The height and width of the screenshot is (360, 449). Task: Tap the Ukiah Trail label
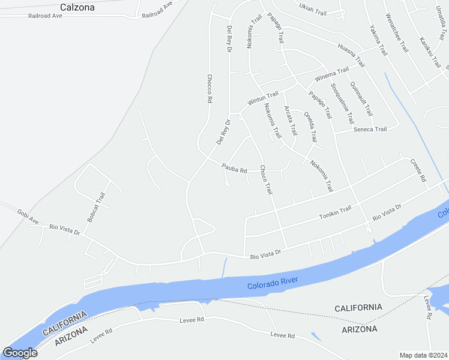click(312, 11)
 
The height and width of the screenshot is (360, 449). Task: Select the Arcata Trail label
click(290, 120)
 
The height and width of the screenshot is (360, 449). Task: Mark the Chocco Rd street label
click(209, 89)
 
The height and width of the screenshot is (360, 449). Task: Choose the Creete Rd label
click(418, 170)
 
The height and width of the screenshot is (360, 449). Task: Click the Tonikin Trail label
click(335, 212)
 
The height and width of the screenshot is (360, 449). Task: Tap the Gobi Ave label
click(28, 217)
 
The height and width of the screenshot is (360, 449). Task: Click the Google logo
click(20, 353)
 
